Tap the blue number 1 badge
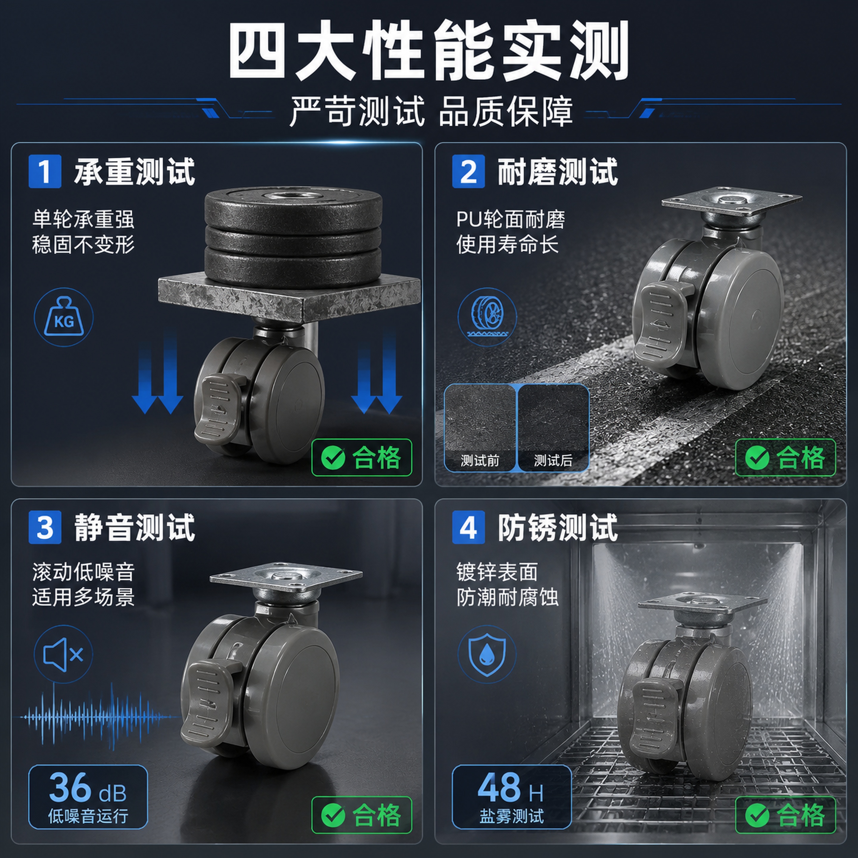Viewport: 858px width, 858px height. [x=45, y=171]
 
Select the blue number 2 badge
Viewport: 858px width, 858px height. [x=469, y=171]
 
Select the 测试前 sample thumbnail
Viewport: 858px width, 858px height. [x=480, y=427]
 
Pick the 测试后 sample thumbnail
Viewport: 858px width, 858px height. [x=553, y=427]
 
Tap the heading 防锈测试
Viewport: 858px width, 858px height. [x=558, y=528]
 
